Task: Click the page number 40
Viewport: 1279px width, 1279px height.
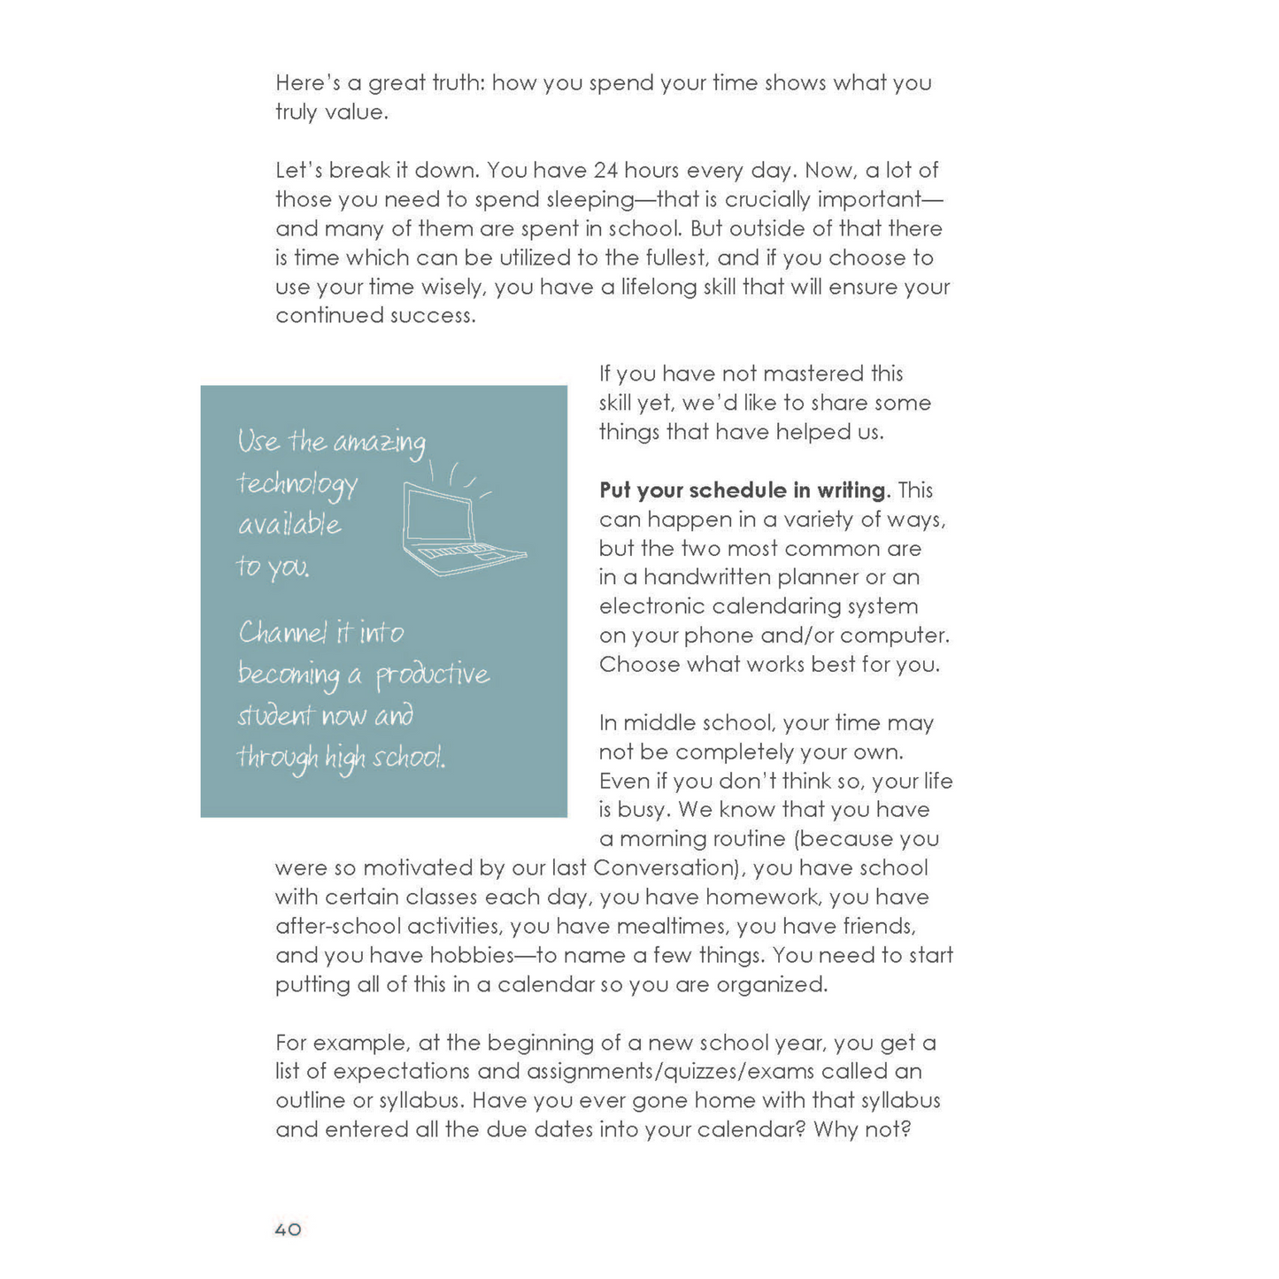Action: click(288, 1229)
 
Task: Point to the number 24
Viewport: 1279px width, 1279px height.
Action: click(605, 170)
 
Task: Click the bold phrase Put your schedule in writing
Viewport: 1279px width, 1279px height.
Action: click(742, 490)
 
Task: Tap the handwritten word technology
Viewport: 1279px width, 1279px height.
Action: click(297, 485)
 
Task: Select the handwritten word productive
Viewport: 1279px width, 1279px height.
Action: click(433, 675)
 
